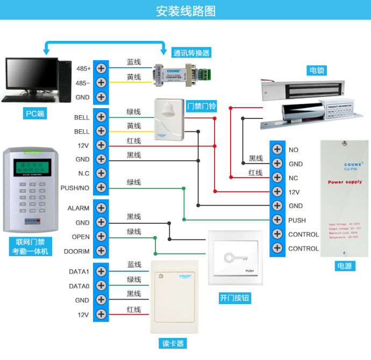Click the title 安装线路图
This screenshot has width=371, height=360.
[x=185, y=11]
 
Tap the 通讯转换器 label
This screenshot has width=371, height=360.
[x=191, y=53]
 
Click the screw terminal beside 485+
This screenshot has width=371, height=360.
[x=101, y=68]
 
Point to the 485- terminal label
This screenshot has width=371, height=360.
[x=83, y=83]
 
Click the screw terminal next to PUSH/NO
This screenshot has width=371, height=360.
[x=101, y=188]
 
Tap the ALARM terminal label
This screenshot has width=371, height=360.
[x=79, y=208]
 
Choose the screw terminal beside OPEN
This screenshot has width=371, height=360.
[x=101, y=237]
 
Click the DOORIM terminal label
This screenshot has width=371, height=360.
[x=77, y=251]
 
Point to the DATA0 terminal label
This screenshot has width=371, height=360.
[x=79, y=286]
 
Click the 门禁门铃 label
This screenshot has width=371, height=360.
[x=201, y=106]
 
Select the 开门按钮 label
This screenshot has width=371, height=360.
[x=235, y=298]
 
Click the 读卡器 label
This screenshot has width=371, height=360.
[x=173, y=343]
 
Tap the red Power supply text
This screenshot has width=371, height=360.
[x=345, y=182]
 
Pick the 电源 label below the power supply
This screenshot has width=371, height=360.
[x=344, y=266]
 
